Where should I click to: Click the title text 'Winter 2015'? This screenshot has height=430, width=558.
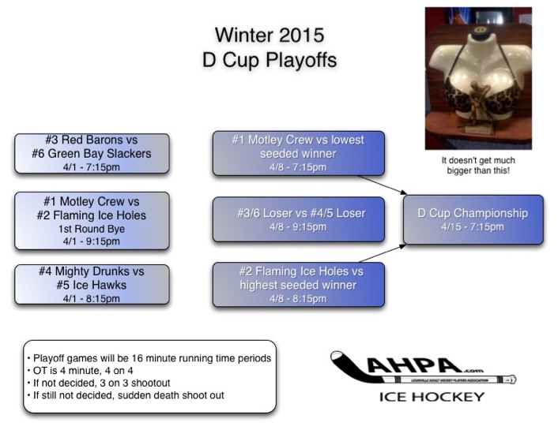[270, 36]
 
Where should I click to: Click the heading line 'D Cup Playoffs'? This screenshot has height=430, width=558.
[270, 59]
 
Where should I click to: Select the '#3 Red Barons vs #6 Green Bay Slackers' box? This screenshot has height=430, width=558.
[92, 153]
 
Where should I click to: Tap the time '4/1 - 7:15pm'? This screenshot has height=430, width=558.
[92, 166]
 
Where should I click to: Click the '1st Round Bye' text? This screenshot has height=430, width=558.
[92, 230]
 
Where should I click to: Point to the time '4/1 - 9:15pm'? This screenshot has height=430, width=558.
[92, 241]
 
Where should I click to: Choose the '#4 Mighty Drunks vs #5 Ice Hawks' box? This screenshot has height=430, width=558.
[92, 284]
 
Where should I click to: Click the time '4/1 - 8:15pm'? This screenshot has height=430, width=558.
[92, 298]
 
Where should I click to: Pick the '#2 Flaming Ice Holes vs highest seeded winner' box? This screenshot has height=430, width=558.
[298, 284]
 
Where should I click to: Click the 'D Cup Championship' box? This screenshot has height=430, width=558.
[473, 219]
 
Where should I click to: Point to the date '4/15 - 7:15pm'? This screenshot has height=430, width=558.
[473, 226]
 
